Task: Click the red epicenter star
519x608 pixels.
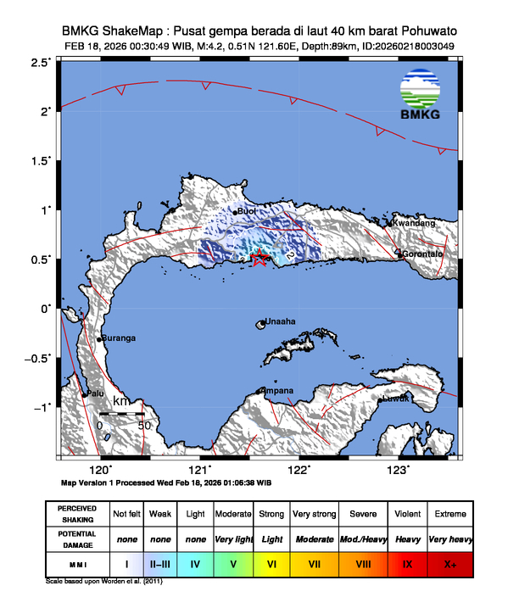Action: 260,258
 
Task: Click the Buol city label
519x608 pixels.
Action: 247,211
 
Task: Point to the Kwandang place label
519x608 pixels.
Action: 414,223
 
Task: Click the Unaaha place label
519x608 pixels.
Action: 281,322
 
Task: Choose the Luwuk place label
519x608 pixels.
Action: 395,398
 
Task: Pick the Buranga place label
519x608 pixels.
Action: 119,338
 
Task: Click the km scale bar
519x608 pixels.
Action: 121,414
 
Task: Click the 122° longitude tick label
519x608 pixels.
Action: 298,471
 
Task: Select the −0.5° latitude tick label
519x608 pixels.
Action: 37,358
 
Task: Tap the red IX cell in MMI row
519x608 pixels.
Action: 407,563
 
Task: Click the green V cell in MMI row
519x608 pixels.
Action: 234,563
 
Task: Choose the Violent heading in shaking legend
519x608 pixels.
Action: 407,514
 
